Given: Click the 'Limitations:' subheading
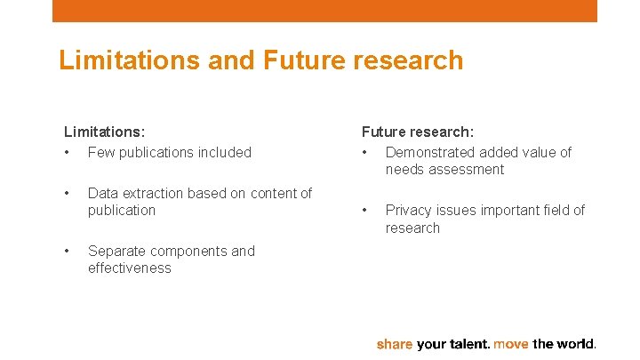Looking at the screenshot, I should pos(104,132).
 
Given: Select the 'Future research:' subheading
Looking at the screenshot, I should pos(417,132).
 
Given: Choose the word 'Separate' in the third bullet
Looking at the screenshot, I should pos(116,251).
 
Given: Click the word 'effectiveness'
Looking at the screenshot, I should pos(129,268).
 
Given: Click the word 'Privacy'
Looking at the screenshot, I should pos(409,211).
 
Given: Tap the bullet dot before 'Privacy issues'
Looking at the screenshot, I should pos(364,211).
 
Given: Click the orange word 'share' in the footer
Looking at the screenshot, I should pos(394,344).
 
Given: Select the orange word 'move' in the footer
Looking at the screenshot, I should pos(511,344).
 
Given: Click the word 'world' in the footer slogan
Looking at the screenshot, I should pos(578,344).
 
